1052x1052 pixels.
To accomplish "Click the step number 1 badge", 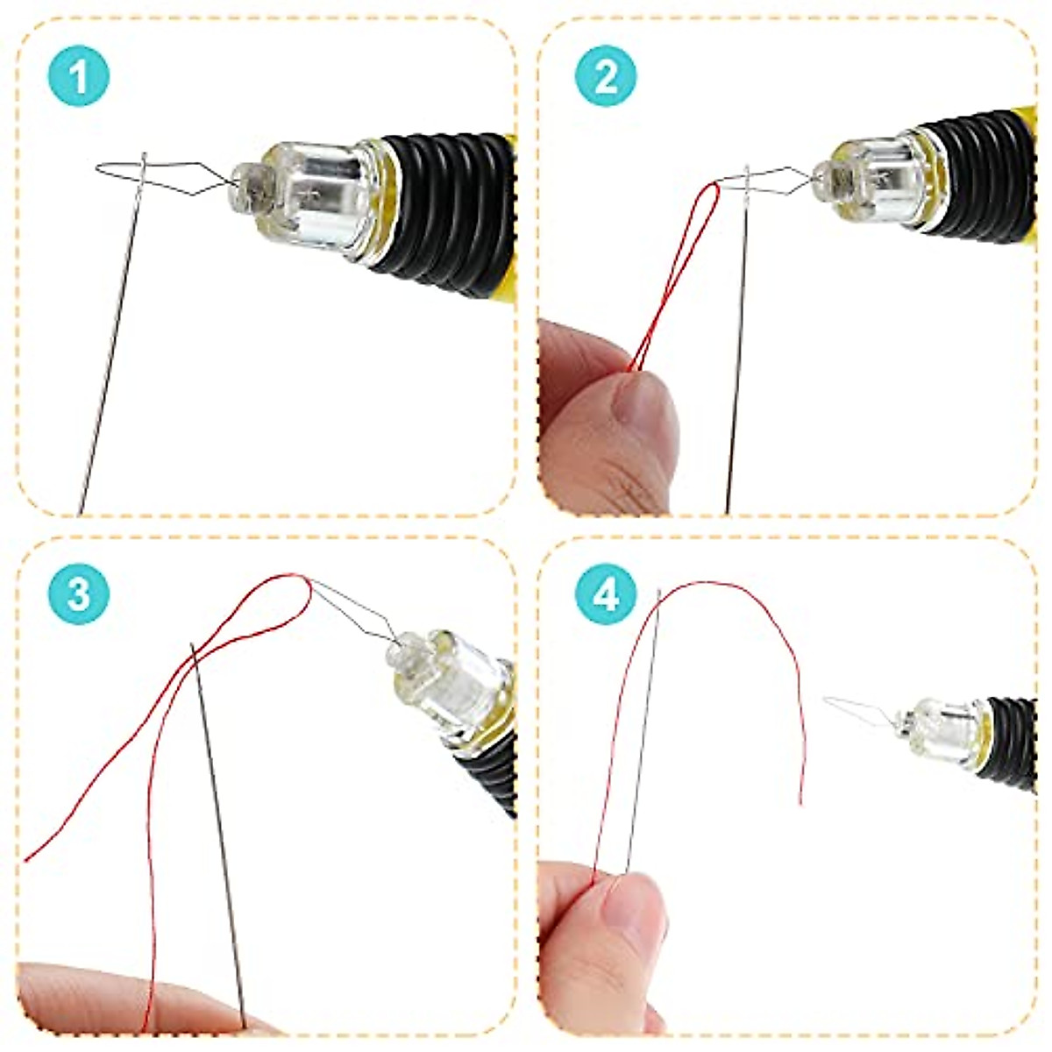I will tap(78, 76).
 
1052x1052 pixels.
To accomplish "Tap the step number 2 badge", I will tap(606, 76).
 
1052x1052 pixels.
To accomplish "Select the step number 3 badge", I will tap(78, 594).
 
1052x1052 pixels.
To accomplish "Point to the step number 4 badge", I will tap(606, 594).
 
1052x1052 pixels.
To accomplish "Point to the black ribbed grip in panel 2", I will tap(973, 171).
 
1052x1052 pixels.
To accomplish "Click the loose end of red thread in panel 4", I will tap(800, 798).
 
